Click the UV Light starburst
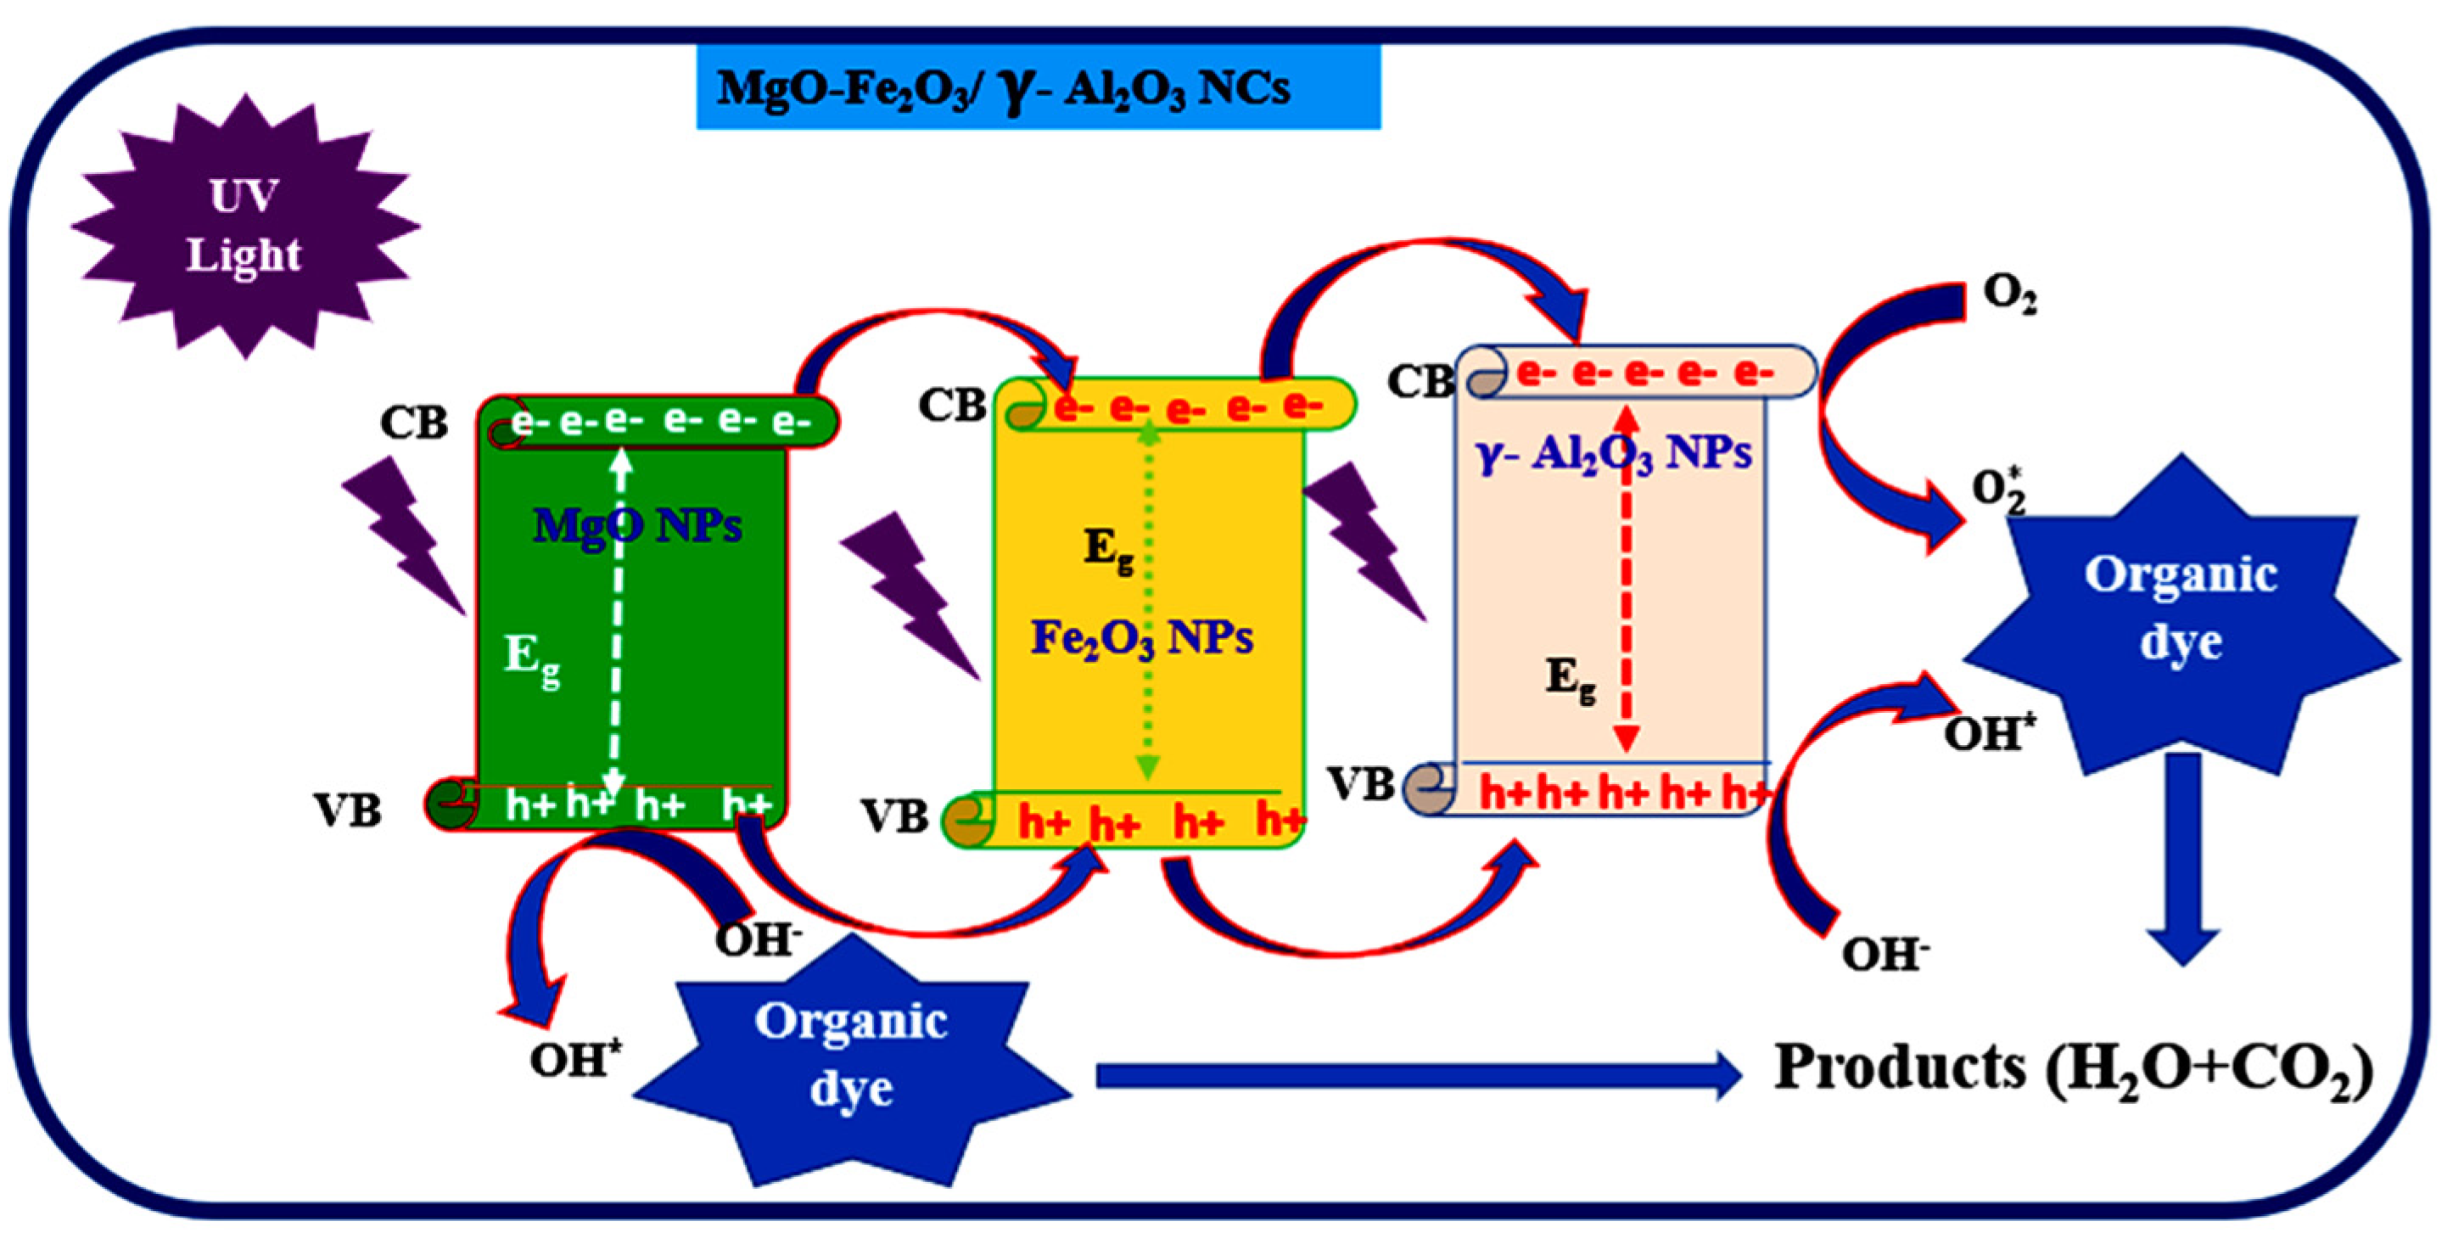(x=244, y=227)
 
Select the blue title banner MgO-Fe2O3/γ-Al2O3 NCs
(x=1038, y=87)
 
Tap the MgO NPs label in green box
(x=637, y=524)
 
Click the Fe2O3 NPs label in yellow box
(x=1142, y=637)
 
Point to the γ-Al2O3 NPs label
(x=1614, y=453)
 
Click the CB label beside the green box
(x=413, y=423)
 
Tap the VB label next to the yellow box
(x=894, y=816)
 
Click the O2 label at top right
(x=2009, y=294)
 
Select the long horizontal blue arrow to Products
(x=1415, y=1076)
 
